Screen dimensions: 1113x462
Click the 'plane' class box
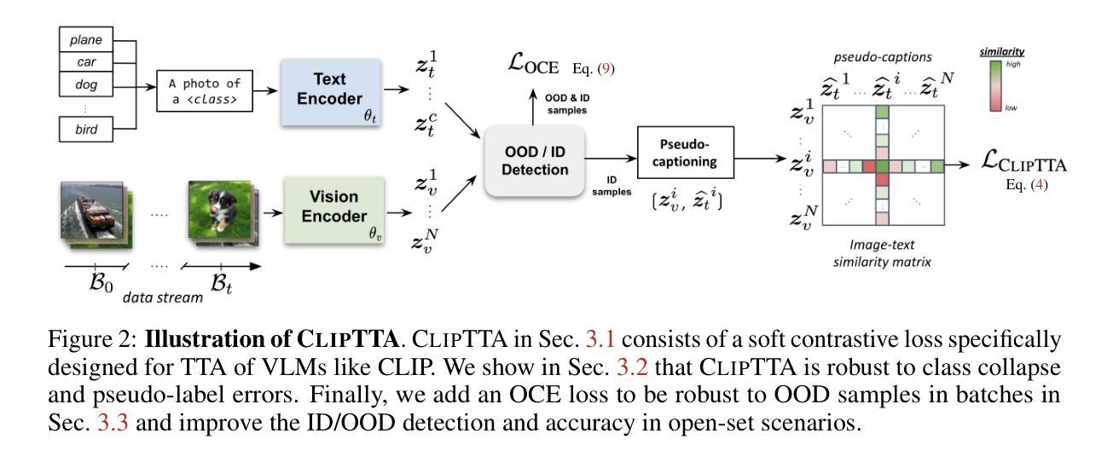tap(86, 39)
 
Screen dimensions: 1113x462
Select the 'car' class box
tap(86, 61)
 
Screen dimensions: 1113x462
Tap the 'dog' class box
tap(86, 84)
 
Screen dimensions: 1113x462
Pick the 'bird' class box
tap(86, 130)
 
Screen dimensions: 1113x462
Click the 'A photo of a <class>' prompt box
tap(204, 91)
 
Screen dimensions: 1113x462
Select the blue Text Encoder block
tap(331, 92)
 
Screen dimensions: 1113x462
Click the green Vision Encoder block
tap(334, 210)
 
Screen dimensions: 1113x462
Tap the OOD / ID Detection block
tap(535, 160)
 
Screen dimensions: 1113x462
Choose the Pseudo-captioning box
tap(685, 153)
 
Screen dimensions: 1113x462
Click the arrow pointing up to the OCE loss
tap(533, 107)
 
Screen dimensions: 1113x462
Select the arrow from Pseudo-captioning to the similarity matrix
tap(760, 159)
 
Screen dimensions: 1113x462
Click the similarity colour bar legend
tap(995, 86)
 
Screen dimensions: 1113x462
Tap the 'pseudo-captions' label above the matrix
tap(883, 57)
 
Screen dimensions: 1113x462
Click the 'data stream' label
tap(163, 297)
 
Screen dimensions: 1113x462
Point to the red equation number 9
tap(606, 68)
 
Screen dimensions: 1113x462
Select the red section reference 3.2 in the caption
tap(632, 367)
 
